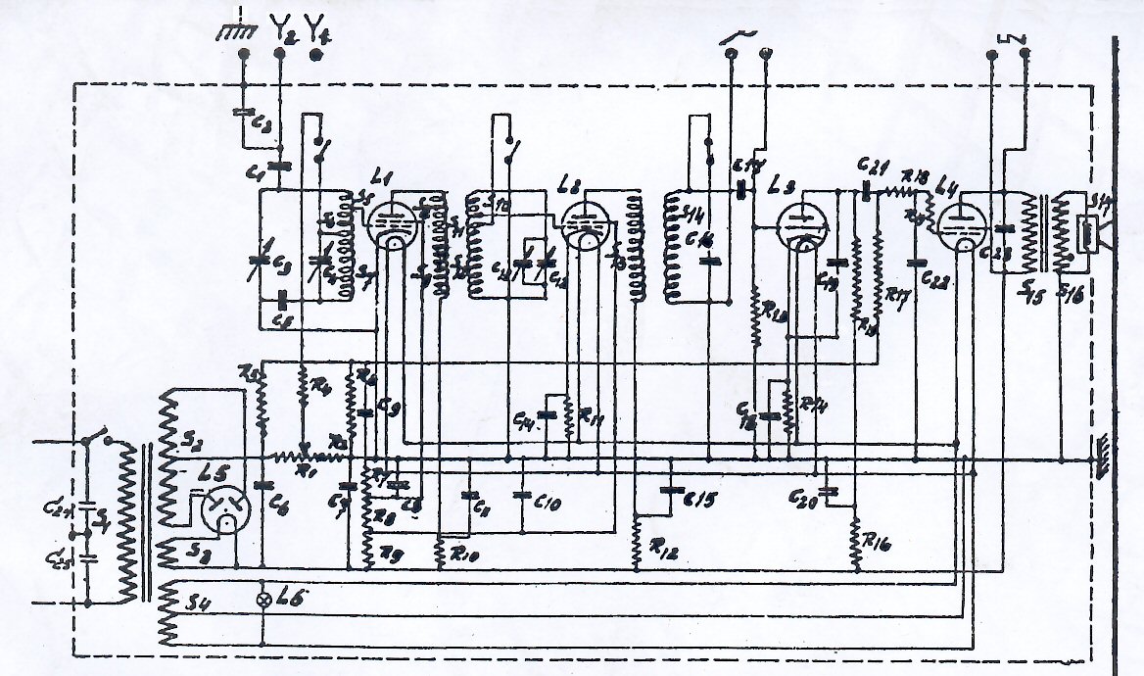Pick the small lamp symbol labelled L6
pos(262,598)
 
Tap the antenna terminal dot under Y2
pos(280,56)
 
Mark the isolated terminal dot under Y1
pos(315,56)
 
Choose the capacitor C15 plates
pos(671,488)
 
